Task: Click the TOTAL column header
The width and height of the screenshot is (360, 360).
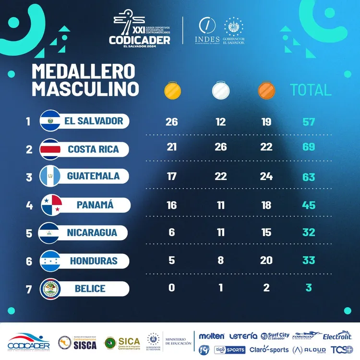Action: (311, 90)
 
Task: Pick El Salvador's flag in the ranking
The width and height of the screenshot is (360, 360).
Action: (50, 120)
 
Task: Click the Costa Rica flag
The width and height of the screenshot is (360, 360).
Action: (50, 149)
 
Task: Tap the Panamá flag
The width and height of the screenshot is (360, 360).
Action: (50, 205)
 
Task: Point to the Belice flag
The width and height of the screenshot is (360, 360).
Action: (50, 288)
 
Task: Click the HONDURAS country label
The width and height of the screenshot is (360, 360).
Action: (93, 261)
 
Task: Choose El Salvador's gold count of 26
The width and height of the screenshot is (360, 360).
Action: (171, 121)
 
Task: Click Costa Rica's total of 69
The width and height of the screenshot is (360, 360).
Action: (308, 146)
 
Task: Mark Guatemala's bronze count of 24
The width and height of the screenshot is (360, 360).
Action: (266, 177)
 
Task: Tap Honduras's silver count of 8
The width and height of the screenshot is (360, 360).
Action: (220, 261)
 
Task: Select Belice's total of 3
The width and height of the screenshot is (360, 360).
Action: (309, 288)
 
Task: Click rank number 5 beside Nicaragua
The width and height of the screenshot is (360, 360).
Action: (29, 233)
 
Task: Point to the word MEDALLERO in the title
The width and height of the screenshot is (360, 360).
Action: (84, 71)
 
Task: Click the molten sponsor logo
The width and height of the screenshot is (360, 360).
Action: (212, 336)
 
